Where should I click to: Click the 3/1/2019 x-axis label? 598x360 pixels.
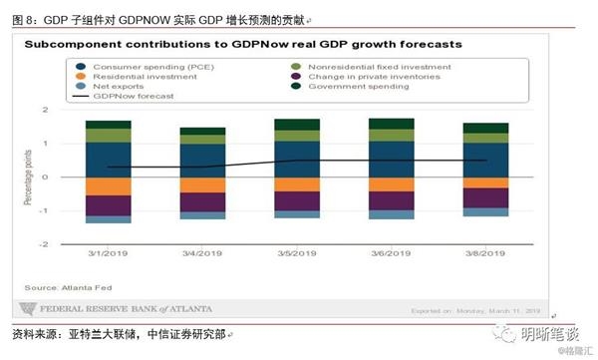pos(108,254)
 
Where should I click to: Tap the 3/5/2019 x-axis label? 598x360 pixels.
pos(296,254)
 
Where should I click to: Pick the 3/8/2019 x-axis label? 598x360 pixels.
pos(484,254)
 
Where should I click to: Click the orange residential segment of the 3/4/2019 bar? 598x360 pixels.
pos(202,185)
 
